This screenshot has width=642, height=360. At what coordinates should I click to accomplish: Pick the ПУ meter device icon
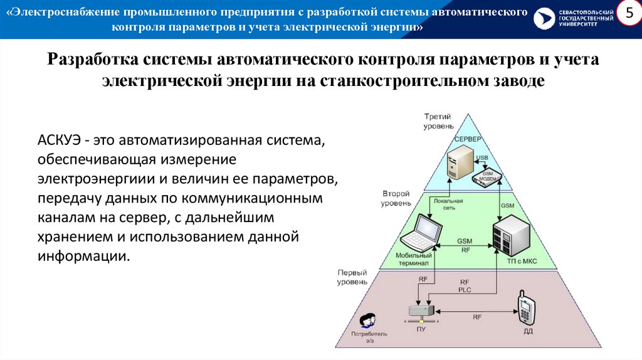(x=420, y=310)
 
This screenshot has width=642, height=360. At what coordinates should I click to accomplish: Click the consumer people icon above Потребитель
(x=369, y=319)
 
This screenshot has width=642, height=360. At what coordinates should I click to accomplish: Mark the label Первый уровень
(x=352, y=278)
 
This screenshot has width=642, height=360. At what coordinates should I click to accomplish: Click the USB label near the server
(x=481, y=157)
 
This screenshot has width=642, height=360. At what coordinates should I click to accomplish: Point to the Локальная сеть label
(x=448, y=204)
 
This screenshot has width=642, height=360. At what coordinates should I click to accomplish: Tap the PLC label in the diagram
(x=464, y=290)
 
